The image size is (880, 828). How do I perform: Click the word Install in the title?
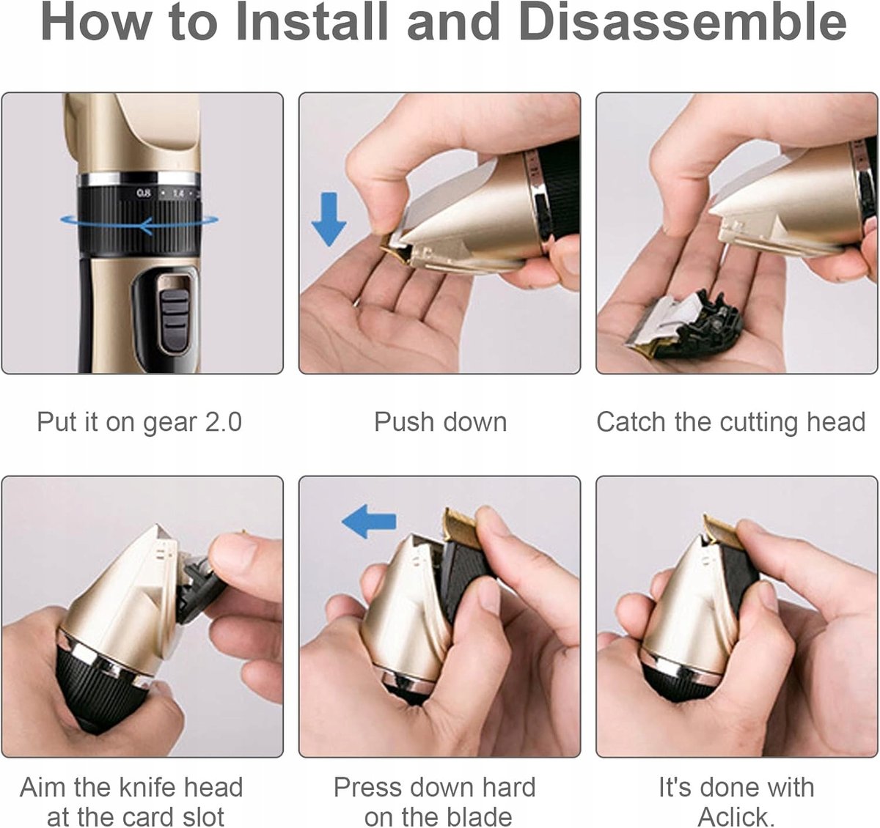tap(312, 22)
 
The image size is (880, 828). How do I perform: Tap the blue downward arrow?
tap(329, 219)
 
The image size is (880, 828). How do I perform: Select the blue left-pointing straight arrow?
tap(369, 522)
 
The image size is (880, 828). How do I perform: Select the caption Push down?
tap(441, 422)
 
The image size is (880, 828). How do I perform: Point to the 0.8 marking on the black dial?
tap(144, 193)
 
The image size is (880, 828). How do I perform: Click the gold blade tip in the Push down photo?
tap(396, 250)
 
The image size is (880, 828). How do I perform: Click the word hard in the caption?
tap(508, 787)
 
